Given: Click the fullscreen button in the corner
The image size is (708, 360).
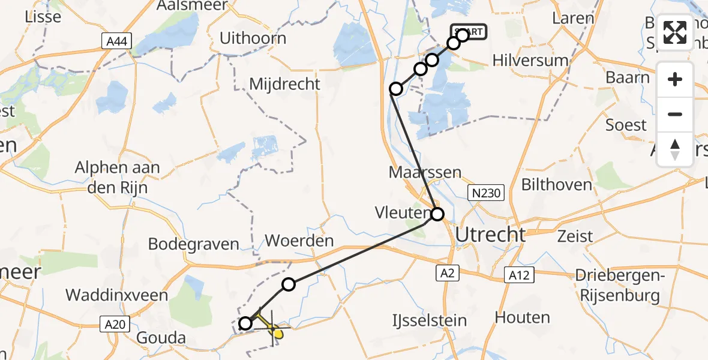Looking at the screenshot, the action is coord(675,32).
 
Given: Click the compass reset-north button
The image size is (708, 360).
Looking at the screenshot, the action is coord(675,149).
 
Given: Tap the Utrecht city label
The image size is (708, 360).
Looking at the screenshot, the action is coord(490,235).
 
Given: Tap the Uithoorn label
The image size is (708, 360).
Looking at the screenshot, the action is coord(253,38).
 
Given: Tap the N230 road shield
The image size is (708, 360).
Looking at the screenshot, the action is coord(486,193).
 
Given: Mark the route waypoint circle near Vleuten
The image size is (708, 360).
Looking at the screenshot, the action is coord(437,214).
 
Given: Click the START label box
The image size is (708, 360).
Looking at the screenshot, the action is coord(469,32).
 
